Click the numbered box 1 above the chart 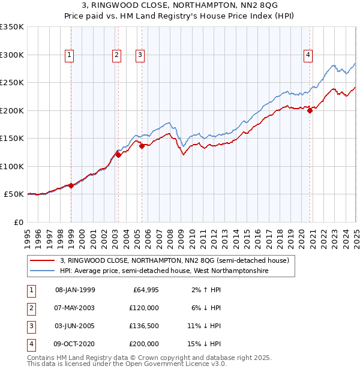70,55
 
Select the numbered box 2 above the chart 116,55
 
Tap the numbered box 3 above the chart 140,55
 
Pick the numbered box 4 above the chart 308,55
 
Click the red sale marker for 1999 71,185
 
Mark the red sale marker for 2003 118,155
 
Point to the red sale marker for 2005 142,145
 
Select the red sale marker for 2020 310,110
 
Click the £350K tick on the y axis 12,27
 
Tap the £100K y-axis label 12,166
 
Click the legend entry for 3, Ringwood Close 174,260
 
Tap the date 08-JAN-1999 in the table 75,290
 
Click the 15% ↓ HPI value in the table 204,344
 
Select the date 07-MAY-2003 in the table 75,308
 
